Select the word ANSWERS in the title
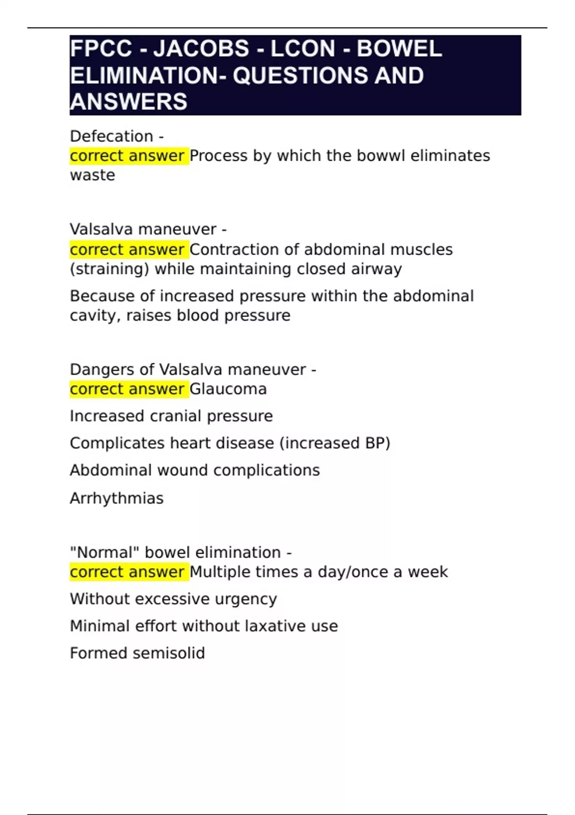(128, 102)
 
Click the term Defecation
(111, 137)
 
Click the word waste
(92, 175)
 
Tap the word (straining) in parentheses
(109, 269)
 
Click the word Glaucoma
(228, 389)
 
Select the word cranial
(175, 416)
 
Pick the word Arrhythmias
(116, 499)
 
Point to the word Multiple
(219, 572)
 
